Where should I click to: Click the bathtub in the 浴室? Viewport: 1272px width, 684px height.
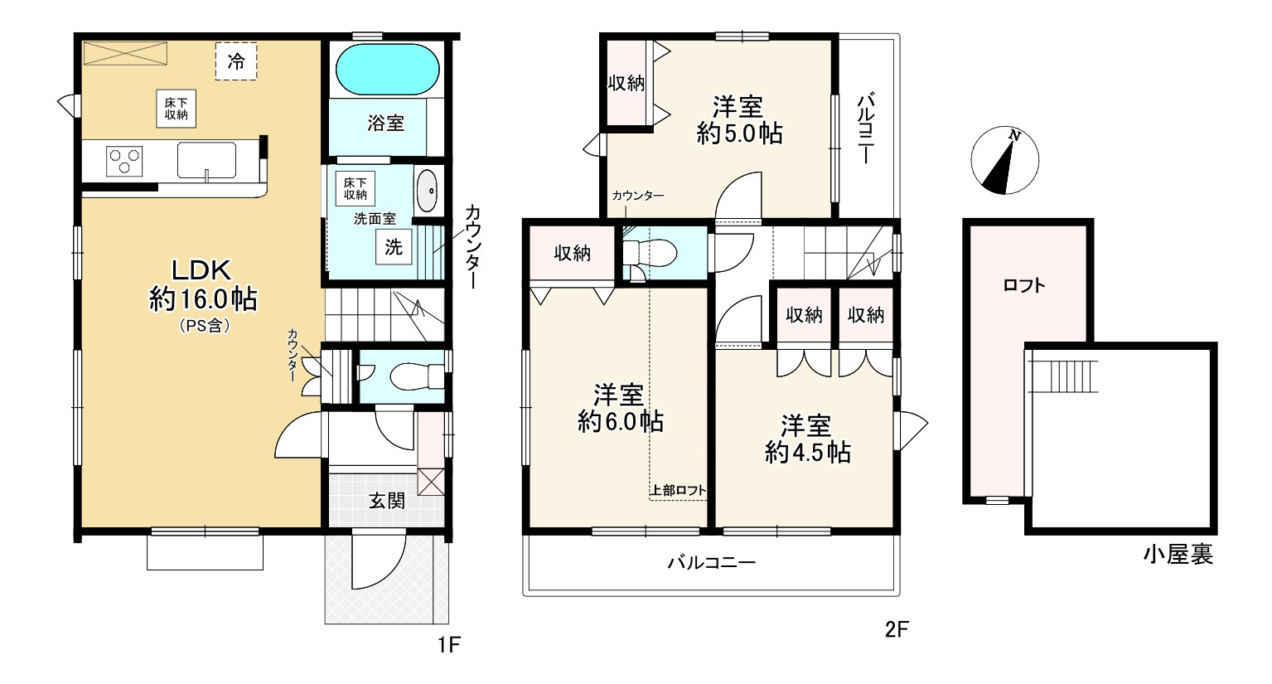tap(387, 70)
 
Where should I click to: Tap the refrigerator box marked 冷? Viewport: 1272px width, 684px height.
tap(236, 61)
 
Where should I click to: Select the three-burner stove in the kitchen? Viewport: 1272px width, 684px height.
tap(124, 161)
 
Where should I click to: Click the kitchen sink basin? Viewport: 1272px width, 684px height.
tap(206, 160)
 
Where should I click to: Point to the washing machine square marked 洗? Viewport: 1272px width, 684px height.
tap(394, 247)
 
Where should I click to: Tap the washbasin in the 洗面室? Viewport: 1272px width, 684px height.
tap(428, 191)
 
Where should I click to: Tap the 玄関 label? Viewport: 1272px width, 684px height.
tap(387, 501)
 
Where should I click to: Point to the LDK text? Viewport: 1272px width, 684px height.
tap(201, 270)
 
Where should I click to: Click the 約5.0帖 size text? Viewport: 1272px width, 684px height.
tap(739, 134)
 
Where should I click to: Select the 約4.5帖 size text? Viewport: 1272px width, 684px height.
tap(807, 453)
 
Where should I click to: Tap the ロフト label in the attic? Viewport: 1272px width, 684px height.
tap(1024, 285)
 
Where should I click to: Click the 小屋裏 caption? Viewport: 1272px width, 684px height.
tap(1178, 555)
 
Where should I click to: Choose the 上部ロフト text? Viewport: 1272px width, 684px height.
tap(678, 490)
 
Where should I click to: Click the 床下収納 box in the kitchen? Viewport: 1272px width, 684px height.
tap(176, 109)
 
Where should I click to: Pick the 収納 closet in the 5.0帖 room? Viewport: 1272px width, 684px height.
tap(626, 83)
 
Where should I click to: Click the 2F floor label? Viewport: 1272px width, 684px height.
tap(897, 629)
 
